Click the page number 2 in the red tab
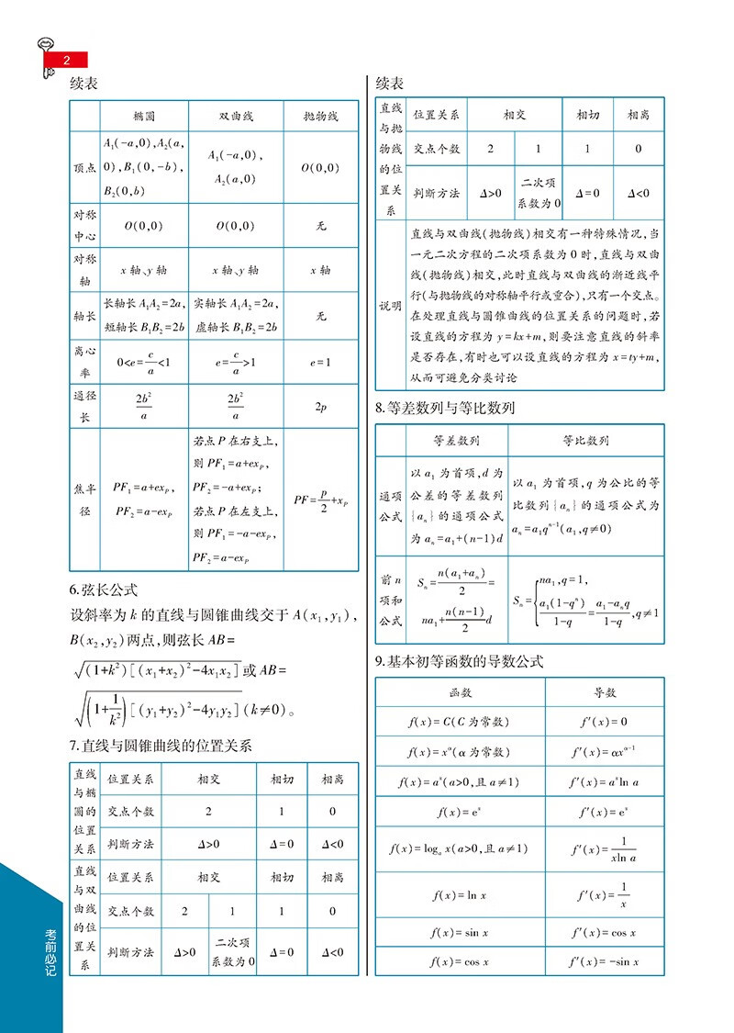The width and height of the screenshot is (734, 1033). [x=66, y=61]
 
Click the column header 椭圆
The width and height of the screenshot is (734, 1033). [x=143, y=117]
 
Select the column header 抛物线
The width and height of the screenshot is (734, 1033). [x=320, y=117]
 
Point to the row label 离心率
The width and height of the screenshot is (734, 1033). [x=83, y=363]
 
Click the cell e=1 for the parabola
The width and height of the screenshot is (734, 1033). [x=320, y=363]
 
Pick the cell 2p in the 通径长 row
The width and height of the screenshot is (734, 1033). [x=320, y=407]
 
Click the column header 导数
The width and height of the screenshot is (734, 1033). [x=605, y=692]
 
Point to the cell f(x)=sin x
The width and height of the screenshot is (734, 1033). [x=461, y=932]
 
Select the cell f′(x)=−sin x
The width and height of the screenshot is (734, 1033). [x=605, y=961]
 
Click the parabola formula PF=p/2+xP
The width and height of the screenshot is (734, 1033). [x=320, y=500]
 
